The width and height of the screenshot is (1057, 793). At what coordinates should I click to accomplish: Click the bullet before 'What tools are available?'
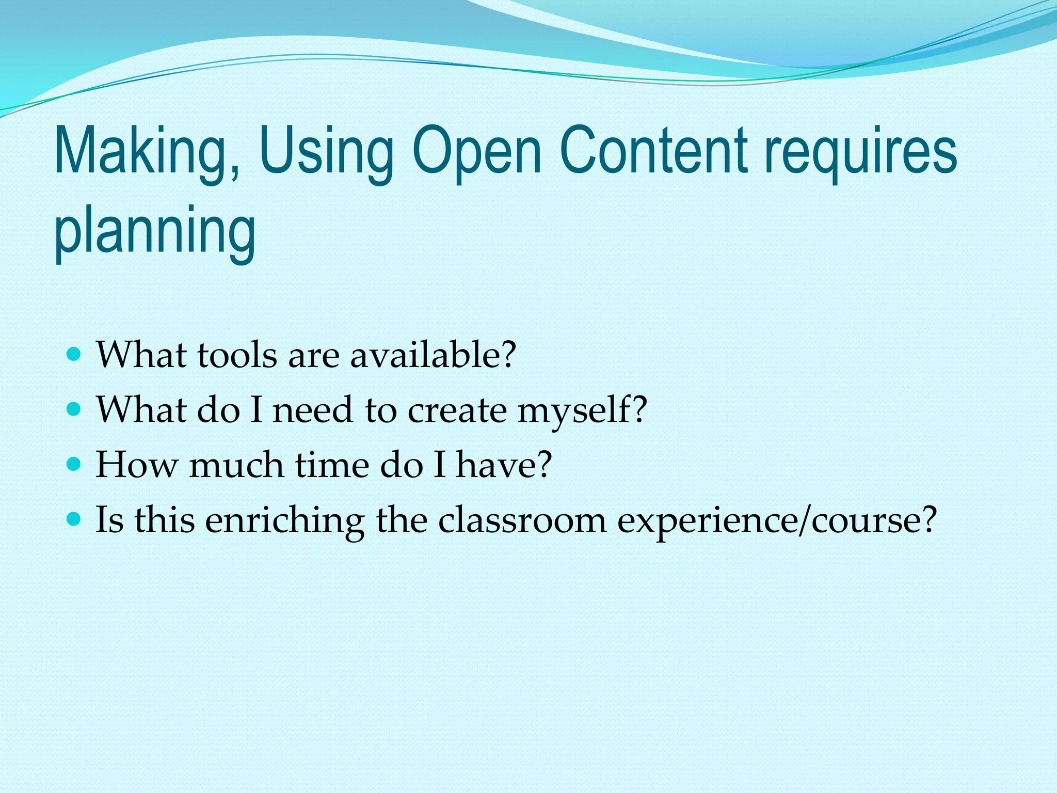click(74, 355)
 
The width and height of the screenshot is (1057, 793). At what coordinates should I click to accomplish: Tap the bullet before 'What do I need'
click(74, 409)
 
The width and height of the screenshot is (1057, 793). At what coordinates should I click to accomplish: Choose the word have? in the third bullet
click(504, 465)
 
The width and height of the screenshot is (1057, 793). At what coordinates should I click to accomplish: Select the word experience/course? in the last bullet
click(777, 520)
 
